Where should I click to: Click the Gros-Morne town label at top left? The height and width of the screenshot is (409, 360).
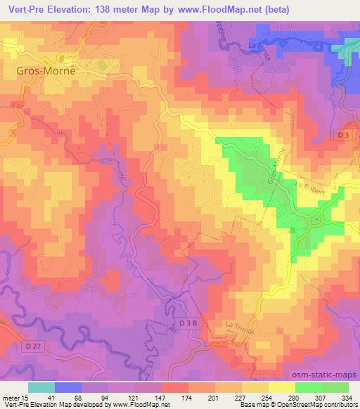click(45, 71)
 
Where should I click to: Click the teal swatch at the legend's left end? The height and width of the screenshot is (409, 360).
click(41, 387)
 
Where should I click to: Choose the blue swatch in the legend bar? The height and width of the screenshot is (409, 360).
click(67, 387)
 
